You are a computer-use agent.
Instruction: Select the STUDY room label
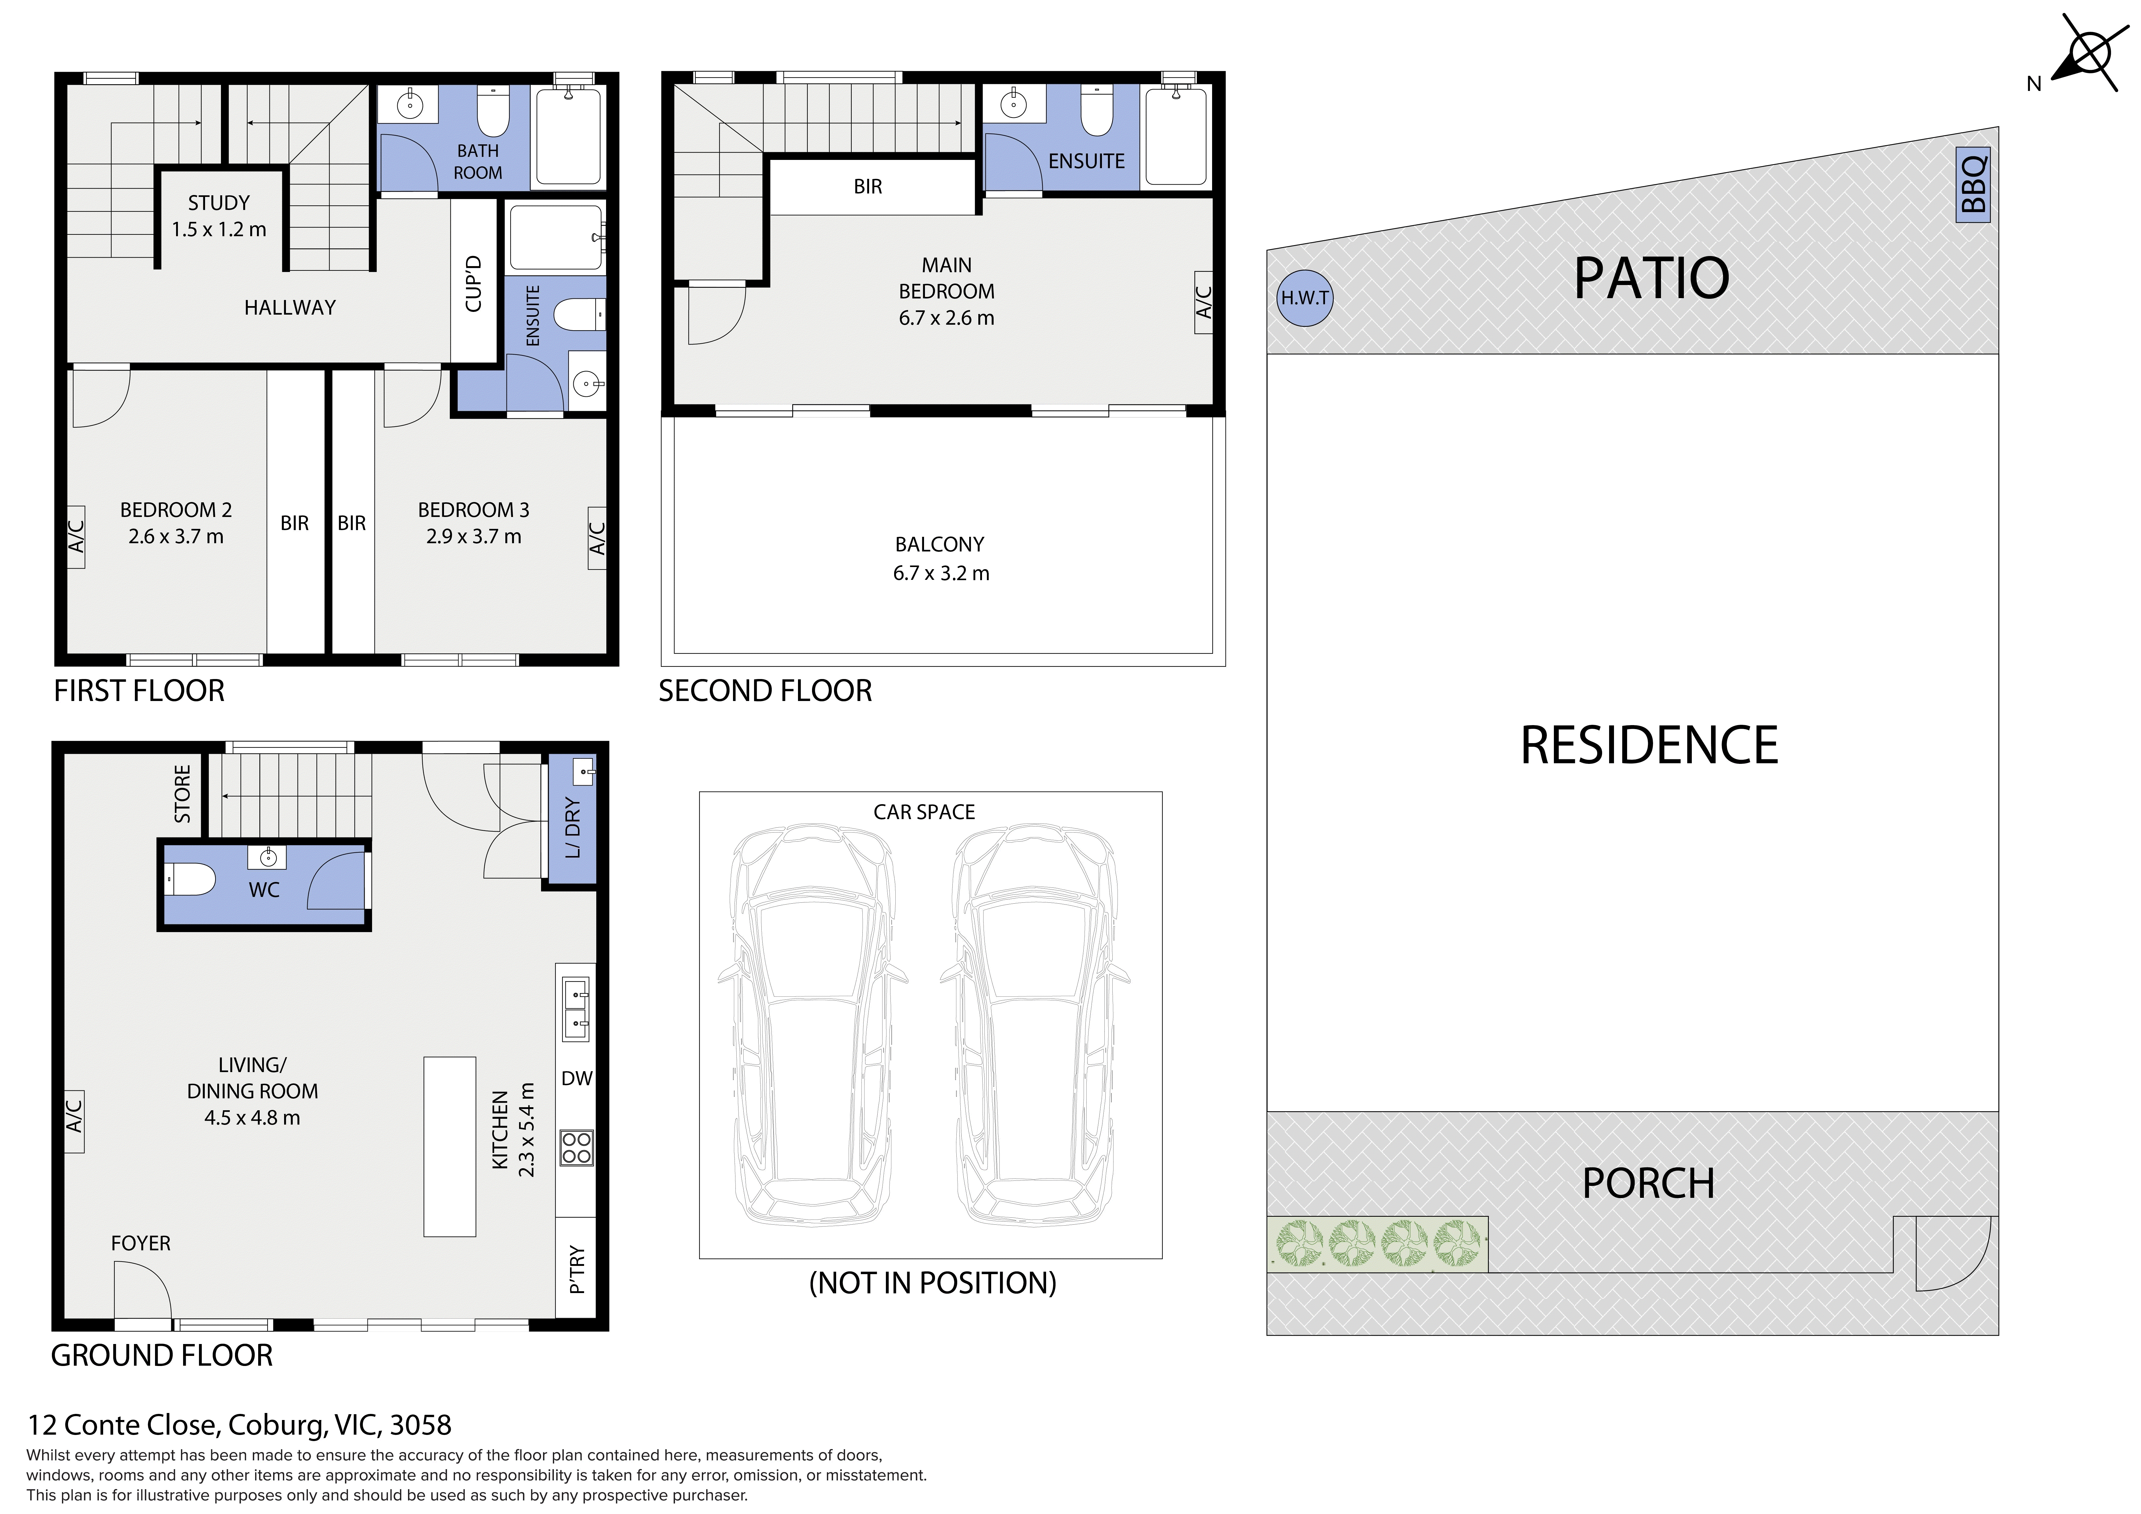click(219, 202)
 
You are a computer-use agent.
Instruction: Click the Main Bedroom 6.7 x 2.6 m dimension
click(947, 318)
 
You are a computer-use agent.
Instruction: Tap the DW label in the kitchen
click(577, 1079)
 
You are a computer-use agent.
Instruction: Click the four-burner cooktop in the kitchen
click(576, 1147)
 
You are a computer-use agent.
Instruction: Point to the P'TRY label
click(577, 1270)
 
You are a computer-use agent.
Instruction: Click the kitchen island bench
click(450, 1147)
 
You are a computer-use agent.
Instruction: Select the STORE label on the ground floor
click(183, 794)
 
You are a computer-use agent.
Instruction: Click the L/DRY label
click(572, 827)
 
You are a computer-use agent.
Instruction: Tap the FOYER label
click(141, 1244)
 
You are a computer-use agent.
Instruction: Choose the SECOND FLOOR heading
click(766, 691)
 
